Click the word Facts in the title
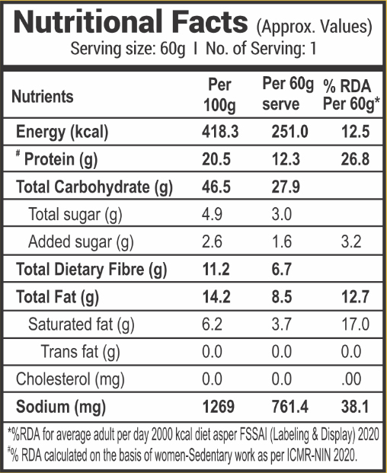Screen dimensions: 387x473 click(209, 22)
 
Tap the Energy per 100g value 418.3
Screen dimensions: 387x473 click(220, 132)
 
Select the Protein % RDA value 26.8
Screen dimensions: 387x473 click(355, 159)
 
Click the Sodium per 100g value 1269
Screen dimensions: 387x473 click(219, 407)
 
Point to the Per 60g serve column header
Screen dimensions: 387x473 click(288, 94)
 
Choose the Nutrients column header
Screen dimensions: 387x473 click(43, 97)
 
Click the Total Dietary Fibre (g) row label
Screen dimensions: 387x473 click(91, 270)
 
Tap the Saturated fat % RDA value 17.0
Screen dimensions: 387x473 click(355, 324)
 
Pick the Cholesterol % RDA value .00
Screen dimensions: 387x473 click(351, 379)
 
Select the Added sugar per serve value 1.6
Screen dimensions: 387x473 click(282, 242)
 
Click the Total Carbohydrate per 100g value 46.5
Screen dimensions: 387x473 click(216, 187)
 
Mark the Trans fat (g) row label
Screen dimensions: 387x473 click(80, 352)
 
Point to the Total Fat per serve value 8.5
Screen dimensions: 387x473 click(282, 297)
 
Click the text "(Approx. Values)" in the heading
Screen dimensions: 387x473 click(315, 27)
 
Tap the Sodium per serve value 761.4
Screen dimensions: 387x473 click(290, 407)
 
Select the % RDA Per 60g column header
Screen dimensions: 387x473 click(351, 95)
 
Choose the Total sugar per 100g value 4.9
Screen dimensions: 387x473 click(212, 215)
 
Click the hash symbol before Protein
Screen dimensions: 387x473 click(18, 154)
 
